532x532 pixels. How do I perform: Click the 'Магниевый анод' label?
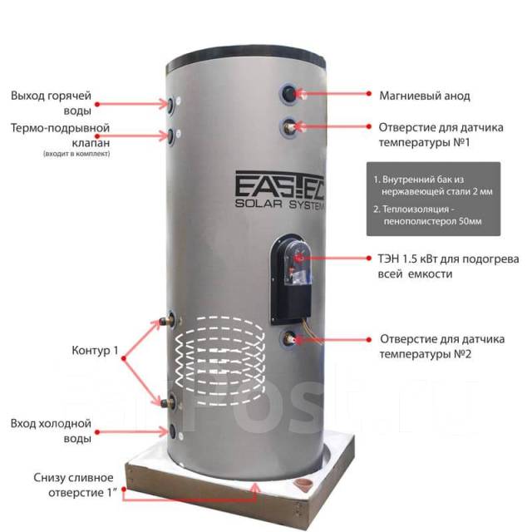[x=425, y=96]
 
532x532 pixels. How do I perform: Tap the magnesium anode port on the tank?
[x=289, y=94]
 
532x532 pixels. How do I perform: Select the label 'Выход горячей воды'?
[x=51, y=103]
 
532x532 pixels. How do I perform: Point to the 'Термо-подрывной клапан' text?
[x=60, y=135]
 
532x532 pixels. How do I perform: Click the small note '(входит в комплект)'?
[x=76, y=154]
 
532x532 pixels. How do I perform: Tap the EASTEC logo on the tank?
[x=279, y=185]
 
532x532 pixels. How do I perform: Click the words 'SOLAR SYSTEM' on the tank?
[x=279, y=204]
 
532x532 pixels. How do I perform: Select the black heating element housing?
[x=291, y=279]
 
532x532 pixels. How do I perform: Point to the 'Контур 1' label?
[x=95, y=350]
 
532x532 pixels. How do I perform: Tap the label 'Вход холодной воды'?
[x=51, y=431]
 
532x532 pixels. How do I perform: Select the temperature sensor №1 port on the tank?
[x=289, y=127]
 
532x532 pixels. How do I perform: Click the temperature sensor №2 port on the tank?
[x=289, y=338]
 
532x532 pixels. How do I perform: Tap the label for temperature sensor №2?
[x=441, y=347]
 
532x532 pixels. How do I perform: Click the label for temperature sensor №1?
[x=441, y=135]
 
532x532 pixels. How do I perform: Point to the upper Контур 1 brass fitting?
[x=168, y=320]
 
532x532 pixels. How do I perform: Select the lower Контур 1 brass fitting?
[x=168, y=402]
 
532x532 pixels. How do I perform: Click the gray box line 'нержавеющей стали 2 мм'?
[x=437, y=192]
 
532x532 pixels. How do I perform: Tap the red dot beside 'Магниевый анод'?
[x=369, y=93]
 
